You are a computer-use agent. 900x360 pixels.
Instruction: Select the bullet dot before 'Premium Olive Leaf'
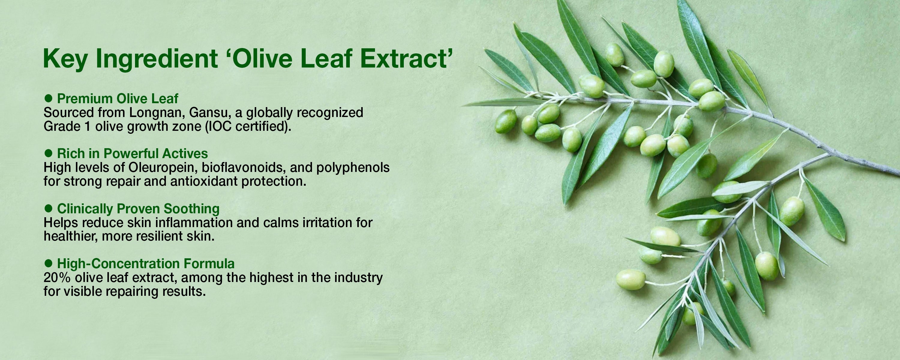pos(49,98)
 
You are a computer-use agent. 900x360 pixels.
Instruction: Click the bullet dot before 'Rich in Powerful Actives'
pos(49,153)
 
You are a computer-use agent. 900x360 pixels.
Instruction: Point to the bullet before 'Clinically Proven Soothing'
pos(49,208)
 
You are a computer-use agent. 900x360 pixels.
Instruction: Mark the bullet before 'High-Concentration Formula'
pos(49,263)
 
